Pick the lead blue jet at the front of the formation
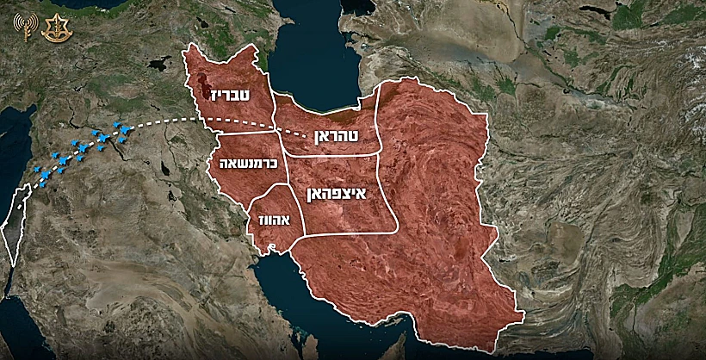coord(127,129)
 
